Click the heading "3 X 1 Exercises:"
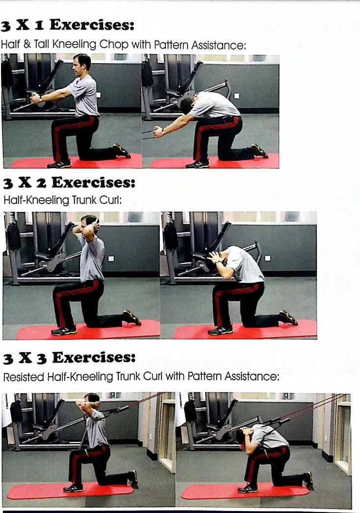tap(67, 25)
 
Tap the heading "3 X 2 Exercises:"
tap(69, 182)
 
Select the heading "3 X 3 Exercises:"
tap(69, 358)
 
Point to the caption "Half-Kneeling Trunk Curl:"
tap(62, 200)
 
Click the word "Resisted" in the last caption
tap(24, 377)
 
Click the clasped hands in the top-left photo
tap(34, 98)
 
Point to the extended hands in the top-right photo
tap(158, 131)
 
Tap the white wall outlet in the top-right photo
tap(237, 96)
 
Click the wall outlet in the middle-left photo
tap(111, 258)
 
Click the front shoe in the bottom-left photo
tap(73, 488)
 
